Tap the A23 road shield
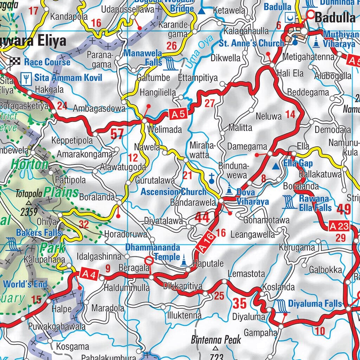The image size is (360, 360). [x=339, y=227]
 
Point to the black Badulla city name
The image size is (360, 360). [x=335, y=17]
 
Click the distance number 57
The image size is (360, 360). [x=117, y=134]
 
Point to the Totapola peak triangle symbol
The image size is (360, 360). [x=28, y=203]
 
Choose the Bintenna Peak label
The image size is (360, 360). [x=216, y=340]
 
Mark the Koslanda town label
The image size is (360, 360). [x=278, y=287]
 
